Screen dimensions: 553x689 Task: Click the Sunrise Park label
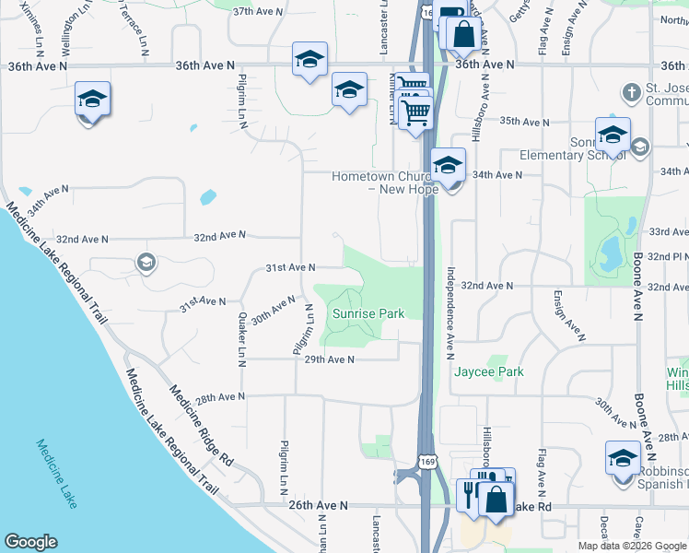click(368, 314)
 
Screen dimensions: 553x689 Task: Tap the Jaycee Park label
click(488, 372)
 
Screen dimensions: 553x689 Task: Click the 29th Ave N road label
click(329, 359)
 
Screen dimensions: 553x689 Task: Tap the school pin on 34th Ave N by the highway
click(448, 166)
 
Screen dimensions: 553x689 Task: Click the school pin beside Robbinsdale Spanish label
click(623, 457)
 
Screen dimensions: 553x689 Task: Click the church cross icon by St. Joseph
click(631, 93)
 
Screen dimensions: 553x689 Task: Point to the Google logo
click(30, 542)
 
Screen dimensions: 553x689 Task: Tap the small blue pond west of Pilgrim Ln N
click(208, 196)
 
